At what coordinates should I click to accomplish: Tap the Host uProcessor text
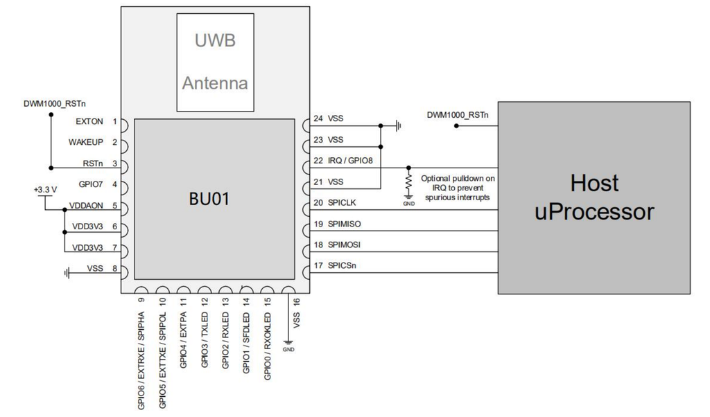(594, 197)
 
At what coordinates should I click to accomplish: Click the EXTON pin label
(86, 121)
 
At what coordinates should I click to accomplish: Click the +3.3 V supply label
(44, 189)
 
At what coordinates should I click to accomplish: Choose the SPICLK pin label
(345, 203)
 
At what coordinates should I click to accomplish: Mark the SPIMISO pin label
(347, 224)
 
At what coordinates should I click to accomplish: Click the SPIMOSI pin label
(347, 245)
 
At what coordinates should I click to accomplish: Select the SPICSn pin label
(345, 266)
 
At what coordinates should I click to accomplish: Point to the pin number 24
(318, 118)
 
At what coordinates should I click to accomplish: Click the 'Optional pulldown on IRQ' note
(457, 188)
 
